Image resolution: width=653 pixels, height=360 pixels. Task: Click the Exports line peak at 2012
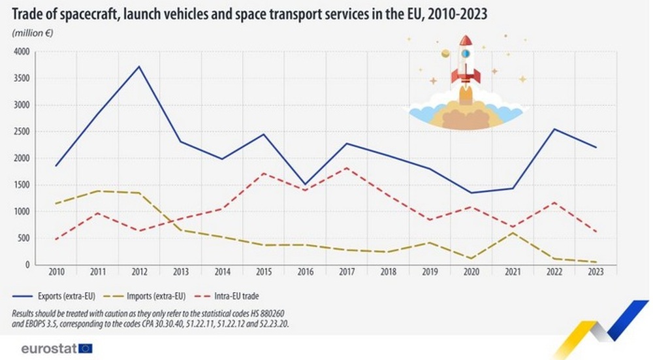point(139,67)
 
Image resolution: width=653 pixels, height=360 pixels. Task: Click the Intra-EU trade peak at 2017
point(347,168)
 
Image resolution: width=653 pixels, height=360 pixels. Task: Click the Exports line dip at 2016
point(306,184)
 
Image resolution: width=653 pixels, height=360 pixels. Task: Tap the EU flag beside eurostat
point(85,348)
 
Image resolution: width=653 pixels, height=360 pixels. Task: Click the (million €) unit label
point(32,33)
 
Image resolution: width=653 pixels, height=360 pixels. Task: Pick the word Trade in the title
point(28,13)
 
